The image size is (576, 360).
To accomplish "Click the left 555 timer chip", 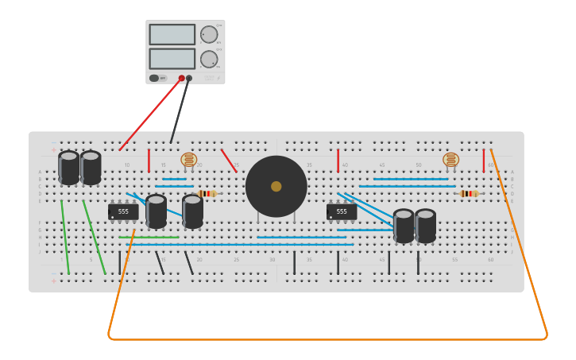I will [x=123, y=211].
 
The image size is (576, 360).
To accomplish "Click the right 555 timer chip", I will [x=342, y=211].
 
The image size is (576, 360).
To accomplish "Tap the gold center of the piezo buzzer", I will [x=276, y=186].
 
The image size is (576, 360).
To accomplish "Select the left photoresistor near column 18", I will [x=188, y=160].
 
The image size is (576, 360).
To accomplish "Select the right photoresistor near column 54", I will [x=450, y=160].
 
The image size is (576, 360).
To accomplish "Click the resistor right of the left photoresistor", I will [x=207, y=193].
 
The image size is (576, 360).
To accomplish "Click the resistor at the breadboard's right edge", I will [x=470, y=193].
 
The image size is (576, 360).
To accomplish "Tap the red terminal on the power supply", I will [x=181, y=78].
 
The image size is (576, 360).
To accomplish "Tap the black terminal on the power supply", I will [x=189, y=78].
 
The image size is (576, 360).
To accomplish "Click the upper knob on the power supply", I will [x=208, y=34].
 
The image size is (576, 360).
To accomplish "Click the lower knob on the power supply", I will [x=208, y=59].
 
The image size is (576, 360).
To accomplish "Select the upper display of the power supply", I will [x=172, y=34].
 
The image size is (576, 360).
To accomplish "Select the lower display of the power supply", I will [x=172, y=59].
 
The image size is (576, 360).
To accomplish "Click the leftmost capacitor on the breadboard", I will [x=69, y=168].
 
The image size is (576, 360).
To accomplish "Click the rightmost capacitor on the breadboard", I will [x=425, y=226].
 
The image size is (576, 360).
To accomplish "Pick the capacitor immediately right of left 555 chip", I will [x=156, y=211].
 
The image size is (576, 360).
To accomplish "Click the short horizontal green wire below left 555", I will [x=149, y=237].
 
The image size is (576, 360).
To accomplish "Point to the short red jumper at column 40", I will [x=338, y=161].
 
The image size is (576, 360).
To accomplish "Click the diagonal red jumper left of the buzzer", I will [x=229, y=161].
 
